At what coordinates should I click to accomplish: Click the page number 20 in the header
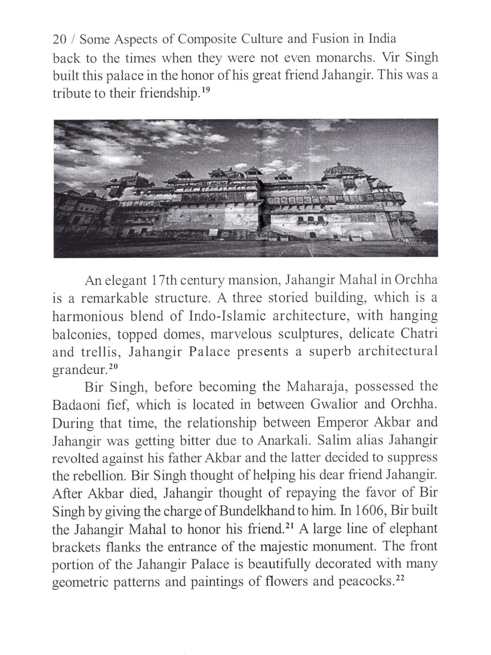tap(60, 39)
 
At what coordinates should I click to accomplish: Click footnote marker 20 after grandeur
tap(113, 367)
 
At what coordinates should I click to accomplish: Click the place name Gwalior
tap(334, 405)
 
